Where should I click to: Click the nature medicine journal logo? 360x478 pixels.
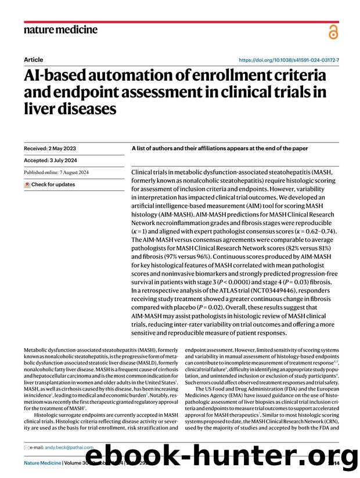click(60, 30)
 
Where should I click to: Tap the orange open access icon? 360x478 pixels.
click(333, 32)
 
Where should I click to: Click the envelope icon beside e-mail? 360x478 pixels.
click(27, 447)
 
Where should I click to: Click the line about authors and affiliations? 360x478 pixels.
click(219, 148)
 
